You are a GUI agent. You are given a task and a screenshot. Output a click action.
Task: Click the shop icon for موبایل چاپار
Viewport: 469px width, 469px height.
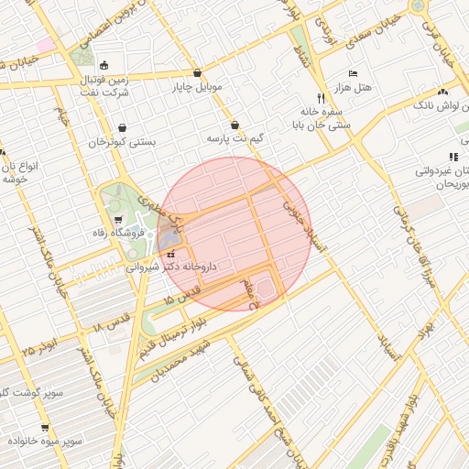(x=198, y=73)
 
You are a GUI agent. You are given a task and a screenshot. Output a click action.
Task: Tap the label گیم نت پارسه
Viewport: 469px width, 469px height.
(x=235, y=138)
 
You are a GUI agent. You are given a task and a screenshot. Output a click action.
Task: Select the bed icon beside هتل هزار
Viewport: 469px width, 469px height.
(x=353, y=73)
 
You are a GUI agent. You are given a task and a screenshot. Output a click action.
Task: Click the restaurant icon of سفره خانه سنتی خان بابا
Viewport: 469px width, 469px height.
(x=321, y=97)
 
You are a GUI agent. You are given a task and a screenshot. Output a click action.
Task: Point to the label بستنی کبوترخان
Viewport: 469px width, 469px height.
(x=122, y=143)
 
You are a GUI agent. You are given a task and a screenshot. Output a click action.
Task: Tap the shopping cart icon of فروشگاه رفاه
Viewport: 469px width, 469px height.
(x=120, y=220)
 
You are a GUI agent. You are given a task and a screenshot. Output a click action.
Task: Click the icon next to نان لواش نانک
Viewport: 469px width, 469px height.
(x=442, y=92)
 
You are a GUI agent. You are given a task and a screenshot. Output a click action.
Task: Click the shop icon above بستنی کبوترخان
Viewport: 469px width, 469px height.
(x=123, y=128)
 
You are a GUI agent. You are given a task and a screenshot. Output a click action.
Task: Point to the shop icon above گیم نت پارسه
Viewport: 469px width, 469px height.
(x=235, y=124)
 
